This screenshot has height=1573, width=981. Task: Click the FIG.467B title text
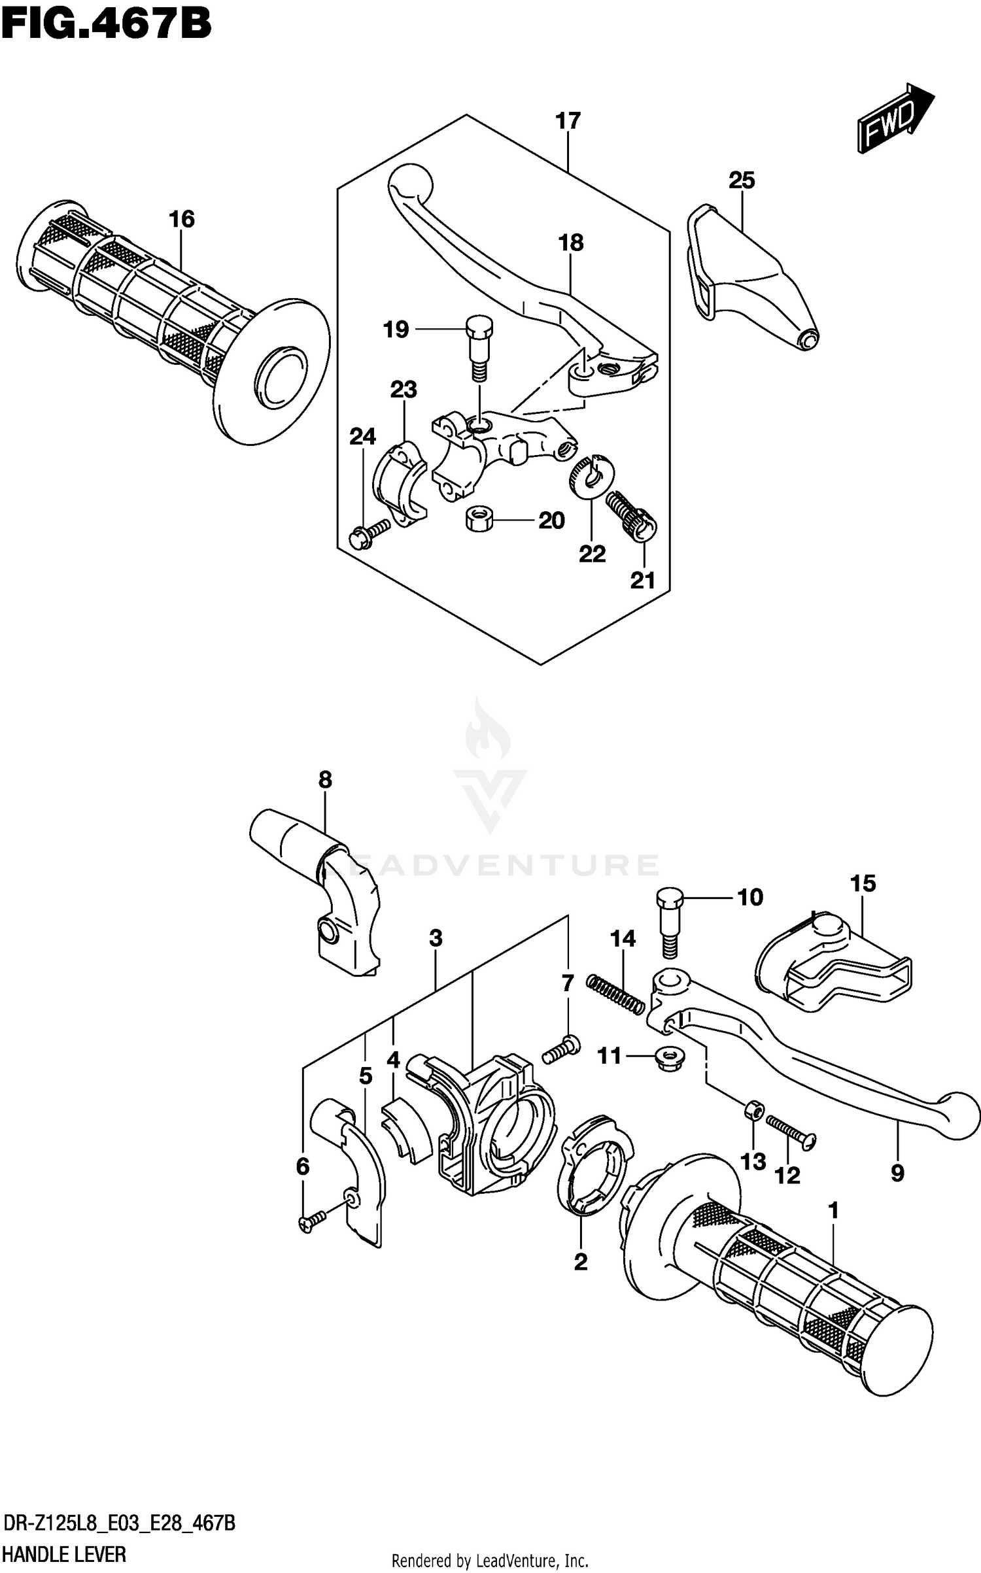click(106, 24)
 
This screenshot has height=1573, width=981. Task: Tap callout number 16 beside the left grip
click(182, 219)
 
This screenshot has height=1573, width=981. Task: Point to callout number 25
click(742, 180)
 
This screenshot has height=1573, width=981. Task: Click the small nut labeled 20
click(478, 520)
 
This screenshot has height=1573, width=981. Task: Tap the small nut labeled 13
click(752, 1109)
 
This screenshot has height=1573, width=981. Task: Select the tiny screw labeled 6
click(312, 1222)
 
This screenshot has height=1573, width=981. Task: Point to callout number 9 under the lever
click(897, 1173)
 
